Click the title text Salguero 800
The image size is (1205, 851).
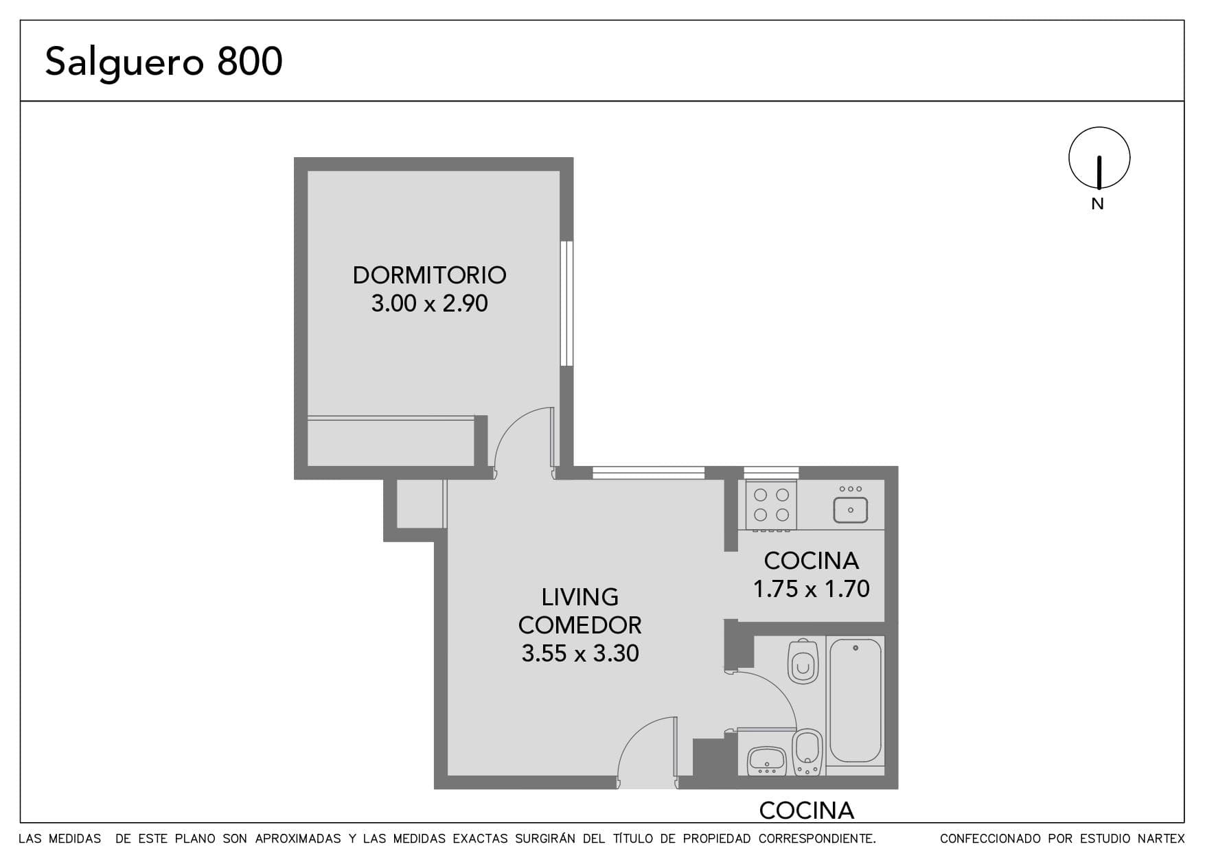pos(163,62)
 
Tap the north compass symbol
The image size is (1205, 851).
pos(1099,159)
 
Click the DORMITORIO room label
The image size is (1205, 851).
pos(429,275)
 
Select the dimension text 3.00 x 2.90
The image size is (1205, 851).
pos(429,303)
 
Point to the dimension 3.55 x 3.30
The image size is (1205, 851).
pos(579,653)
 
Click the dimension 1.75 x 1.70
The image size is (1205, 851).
pos(811,589)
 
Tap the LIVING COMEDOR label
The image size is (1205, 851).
pos(579,611)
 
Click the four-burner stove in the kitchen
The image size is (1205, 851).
pos(771,505)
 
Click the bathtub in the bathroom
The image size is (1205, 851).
pos(855,700)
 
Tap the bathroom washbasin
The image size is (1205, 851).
pos(767,760)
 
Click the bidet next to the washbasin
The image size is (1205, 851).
pos(807,752)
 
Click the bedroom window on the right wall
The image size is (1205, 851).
pos(566,303)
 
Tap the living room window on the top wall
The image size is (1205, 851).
pos(648,472)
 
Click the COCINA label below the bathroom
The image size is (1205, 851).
pos(806,811)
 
